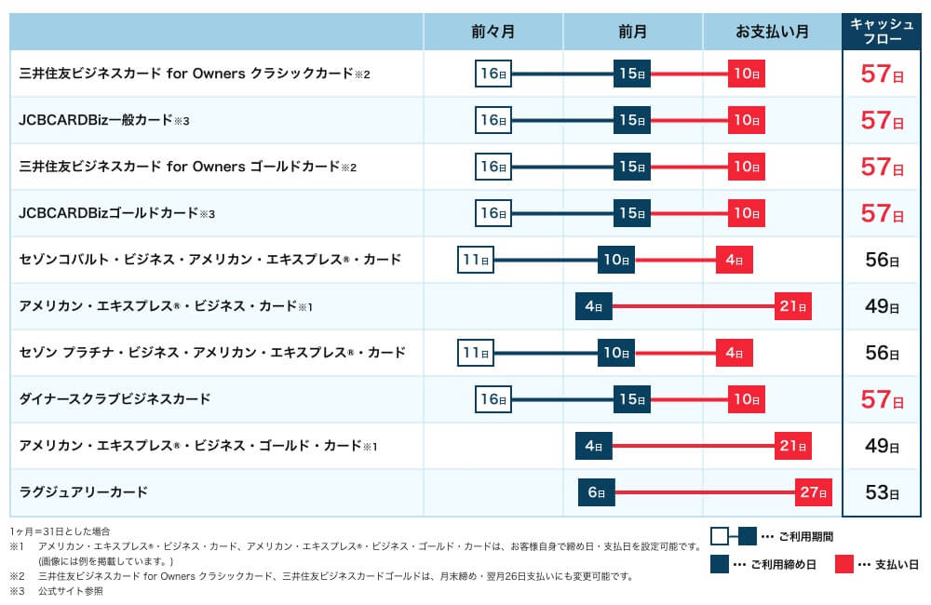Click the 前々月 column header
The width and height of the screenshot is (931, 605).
(492, 32)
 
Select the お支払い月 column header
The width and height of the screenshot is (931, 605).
(772, 32)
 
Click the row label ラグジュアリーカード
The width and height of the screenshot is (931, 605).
(84, 491)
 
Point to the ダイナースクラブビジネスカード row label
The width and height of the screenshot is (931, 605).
(115, 398)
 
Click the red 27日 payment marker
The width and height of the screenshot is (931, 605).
(813, 492)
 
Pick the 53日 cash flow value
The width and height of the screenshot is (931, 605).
(882, 492)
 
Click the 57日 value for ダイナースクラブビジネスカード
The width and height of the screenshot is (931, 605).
(882, 399)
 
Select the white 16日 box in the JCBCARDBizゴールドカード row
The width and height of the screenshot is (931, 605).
(493, 213)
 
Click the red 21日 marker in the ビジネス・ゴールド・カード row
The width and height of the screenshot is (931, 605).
(792, 446)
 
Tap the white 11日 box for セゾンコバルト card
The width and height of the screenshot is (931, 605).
(476, 260)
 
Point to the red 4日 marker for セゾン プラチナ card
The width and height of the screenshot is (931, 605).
(734, 353)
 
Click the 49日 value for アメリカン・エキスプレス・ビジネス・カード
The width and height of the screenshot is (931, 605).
(882, 306)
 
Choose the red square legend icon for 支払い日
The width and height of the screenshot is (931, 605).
(845, 564)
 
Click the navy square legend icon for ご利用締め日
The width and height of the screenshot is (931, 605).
(719, 564)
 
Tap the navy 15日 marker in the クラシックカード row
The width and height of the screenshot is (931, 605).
(631, 74)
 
